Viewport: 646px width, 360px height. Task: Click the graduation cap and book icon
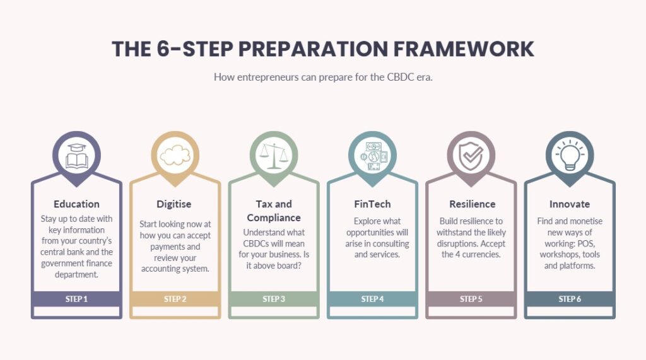pyautogui.click(x=76, y=156)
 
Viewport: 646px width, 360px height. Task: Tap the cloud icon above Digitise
pyautogui.click(x=175, y=155)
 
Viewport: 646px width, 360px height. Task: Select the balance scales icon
pyautogui.click(x=274, y=156)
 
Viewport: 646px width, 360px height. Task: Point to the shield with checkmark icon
pyautogui.click(x=471, y=156)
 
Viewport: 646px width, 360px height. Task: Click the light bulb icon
pyautogui.click(x=570, y=155)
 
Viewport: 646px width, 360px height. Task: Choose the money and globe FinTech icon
pyautogui.click(x=372, y=156)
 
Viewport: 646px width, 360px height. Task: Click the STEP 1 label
pyautogui.click(x=76, y=299)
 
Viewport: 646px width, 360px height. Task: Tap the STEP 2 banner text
pyautogui.click(x=175, y=299)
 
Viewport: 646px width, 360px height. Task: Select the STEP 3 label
pyautogui.click(x=274, y=299)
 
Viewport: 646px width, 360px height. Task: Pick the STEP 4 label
pyautogui.click(x=372, y=299)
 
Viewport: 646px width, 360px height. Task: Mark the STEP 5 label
pyautogui.click(x=471, y=299)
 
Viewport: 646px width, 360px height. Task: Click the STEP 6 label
pyautogui.click(x=570, y=299)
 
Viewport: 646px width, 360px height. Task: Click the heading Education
pyautogui.click(x=76, y=204)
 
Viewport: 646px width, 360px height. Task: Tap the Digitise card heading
pyautogui.click(x=174, y=204)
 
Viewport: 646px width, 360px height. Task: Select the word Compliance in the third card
pyautogui.click(x=274, y=218)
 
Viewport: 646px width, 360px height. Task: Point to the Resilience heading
pyautogui.click(x=473, y=204)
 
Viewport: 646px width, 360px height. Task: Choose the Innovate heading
pyautogui.click(x=570, y=204)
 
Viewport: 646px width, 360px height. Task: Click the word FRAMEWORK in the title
pyautogui.click(x=464, y=49)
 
